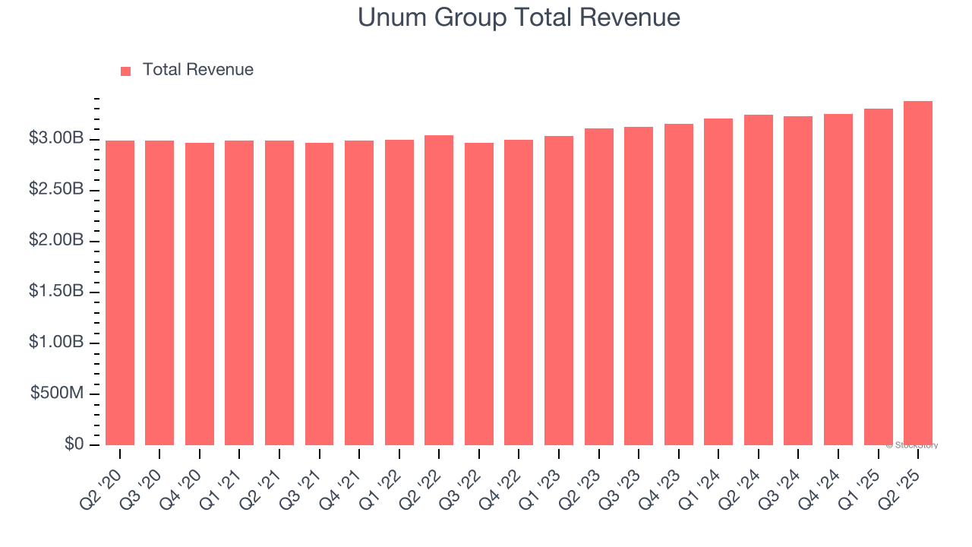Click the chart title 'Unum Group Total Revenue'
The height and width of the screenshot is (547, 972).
click(519, 17)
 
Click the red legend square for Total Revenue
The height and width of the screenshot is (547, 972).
click(125, 71)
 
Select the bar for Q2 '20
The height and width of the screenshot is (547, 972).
click(120, 292)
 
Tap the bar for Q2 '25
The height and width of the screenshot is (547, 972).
click(918, 273)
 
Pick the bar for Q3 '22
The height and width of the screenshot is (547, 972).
click(479, 294)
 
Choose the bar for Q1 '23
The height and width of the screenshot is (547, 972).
click(559, 290)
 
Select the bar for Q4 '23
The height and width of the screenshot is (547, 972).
click(678, 284)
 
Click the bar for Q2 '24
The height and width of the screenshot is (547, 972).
click(759, 280)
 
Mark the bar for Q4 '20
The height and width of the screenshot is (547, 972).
click(200, 294)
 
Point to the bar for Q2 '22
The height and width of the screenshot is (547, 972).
click(439, 290)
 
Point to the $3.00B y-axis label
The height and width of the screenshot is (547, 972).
click(56, 139)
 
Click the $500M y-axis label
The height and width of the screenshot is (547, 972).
click(57, 394)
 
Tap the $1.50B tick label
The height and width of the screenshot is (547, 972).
click(56, 292)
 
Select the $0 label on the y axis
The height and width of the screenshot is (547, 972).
click(74, 444)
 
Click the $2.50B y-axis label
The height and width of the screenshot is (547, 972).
click(56, 190)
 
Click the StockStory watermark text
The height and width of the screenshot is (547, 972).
click(912, 445)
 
